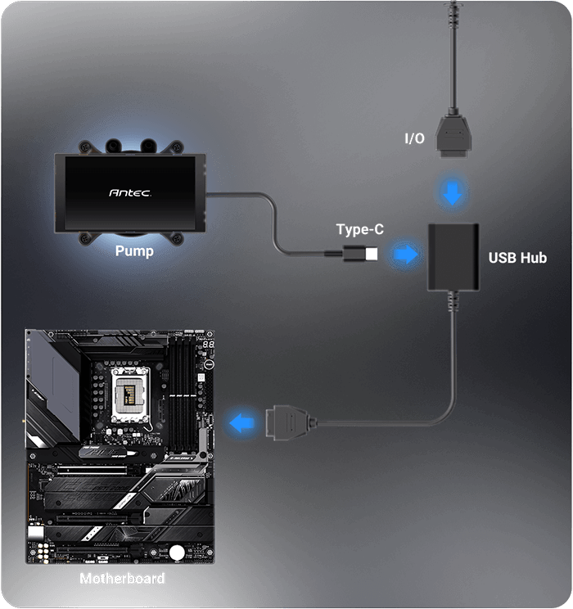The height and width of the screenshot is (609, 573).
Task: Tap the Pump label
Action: (x=133, y=250)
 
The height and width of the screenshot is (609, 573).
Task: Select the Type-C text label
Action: (x=359, y=230)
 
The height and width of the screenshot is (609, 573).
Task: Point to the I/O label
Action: (x=414, y=138)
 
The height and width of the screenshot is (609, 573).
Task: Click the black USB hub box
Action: (x=452, y=256)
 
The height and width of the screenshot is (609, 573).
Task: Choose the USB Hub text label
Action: (x=517, y=258)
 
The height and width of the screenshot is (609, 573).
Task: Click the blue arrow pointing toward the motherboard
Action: (x=241, y=423)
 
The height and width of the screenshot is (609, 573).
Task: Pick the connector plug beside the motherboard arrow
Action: (x=286, y=423)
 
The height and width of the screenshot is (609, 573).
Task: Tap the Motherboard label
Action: (x=122, y=579)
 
